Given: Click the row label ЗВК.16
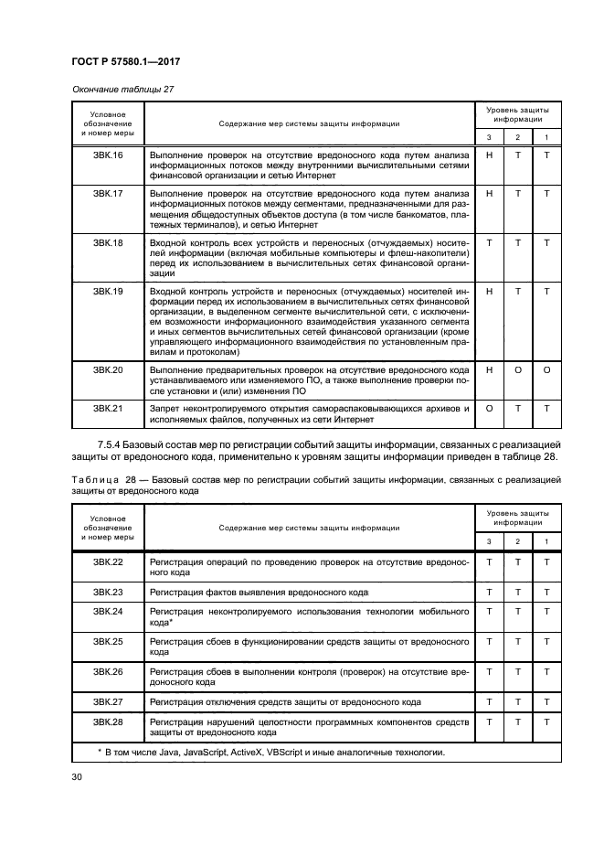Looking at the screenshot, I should [108, 155].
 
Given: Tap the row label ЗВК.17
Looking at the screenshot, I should [108, 194].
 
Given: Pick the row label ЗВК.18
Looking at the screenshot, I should [108, 243].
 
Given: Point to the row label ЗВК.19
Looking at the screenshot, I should [108, 292].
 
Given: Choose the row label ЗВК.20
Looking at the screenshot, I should [108, 369].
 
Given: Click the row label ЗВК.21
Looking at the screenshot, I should [108, 408].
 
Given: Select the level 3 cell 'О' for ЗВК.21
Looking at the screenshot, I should [489, 408].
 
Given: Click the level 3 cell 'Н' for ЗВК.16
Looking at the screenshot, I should [489, 155].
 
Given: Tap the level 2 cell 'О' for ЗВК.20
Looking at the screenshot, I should [517, 369].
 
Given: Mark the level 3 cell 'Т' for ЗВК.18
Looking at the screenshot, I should [489, 243].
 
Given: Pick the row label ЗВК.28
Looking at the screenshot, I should [108, 721].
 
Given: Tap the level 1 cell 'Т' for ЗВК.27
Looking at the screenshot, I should [546, 702].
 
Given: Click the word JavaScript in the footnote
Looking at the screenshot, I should [209, 753].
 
